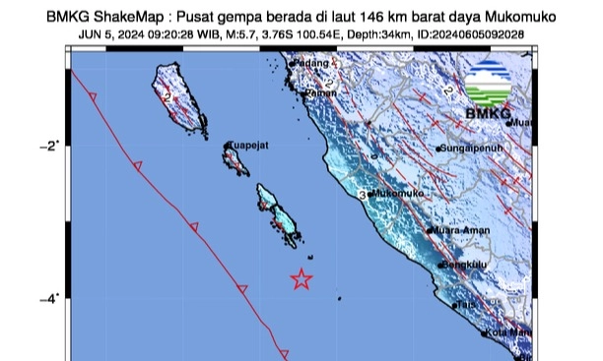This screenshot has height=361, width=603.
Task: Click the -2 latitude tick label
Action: (x=50, y=146)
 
